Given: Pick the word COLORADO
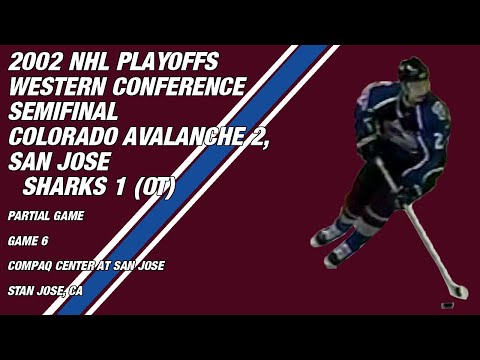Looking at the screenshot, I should click(x=58, y=137).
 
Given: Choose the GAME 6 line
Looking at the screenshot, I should click(x=27, y=240).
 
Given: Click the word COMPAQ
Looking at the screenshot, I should click(x=29, y=265).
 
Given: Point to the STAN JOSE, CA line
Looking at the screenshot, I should click(x=44, y=291).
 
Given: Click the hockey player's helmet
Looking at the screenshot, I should click(x=412, y=71).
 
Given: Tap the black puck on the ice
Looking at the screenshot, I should click(x=448, y=301).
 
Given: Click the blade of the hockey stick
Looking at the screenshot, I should click(x=456, y=291).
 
